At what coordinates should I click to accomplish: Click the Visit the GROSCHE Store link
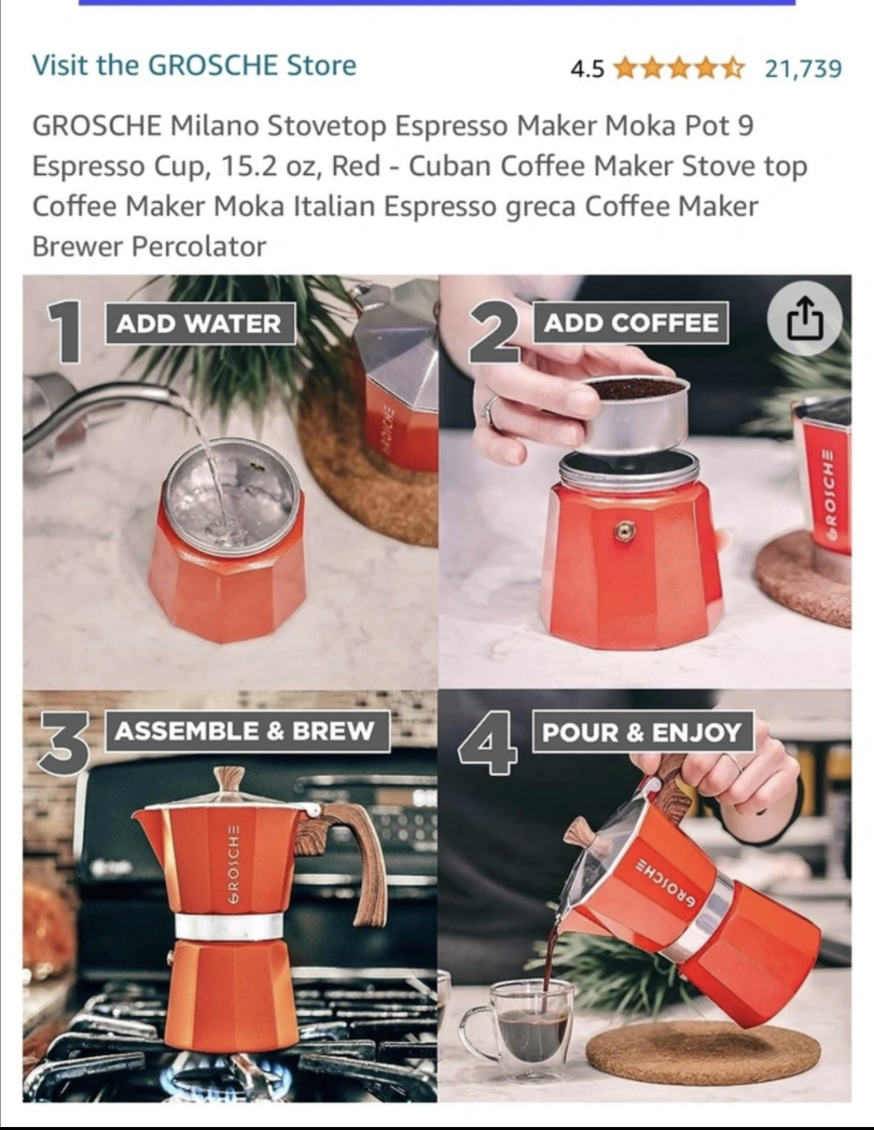(194, 66)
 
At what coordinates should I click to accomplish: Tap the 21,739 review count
(803, 69)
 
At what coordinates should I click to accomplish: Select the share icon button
(805, 318)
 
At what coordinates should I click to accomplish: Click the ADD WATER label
(200, 323)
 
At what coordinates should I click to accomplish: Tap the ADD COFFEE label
(631, 323)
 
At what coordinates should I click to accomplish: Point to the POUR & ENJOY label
(643, 731)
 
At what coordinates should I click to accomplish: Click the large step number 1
(64, 331)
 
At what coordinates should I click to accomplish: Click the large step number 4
(489, 743)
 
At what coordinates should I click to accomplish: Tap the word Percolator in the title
(199, 246)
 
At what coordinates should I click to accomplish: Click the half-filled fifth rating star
(734, 68)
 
